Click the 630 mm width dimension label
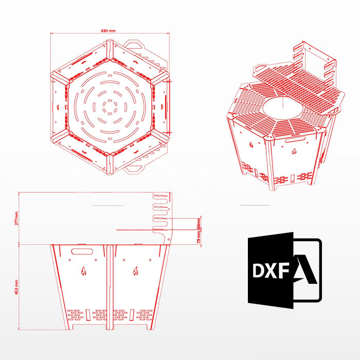[x=109, y=31]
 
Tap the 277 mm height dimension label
[x=16, y=219]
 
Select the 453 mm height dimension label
[x=16, y=287]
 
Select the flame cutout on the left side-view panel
[x=83, y=271]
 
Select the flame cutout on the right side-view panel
[x=136, y=271]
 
